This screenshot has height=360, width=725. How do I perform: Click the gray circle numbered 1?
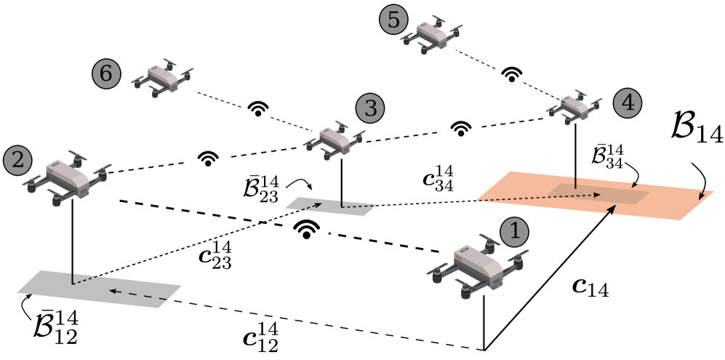pyautogui.click(x=515, y=232)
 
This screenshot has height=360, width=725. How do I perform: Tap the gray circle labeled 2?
pyautogui.click(x=17, y=161)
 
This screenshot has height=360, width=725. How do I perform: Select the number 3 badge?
pyautogui.click(x=370, y=109)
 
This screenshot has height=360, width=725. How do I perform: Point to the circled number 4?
pyautogui.click(x=628, y=103)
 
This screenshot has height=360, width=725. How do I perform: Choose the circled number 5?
pyautogui.click(x=393, y=20)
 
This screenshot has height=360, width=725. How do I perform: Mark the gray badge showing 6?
pyautogui.click(x=106, y=73)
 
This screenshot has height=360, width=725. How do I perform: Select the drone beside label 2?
pyautogui.click(x=68, y=177)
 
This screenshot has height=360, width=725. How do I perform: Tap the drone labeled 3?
pyautogui.click(x=334, y=139)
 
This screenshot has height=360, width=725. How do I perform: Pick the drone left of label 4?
pyautogui.click(x=574, y=107)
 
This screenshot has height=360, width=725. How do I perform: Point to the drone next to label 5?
pyautogui.click(x=430, y=34)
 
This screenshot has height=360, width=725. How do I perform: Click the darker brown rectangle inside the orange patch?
pyautogui.click(x=598, y=193)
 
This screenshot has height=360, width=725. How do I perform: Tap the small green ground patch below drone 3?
pyautogui.click(x=331, y=206)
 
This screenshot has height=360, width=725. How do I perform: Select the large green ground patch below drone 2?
pyautogui.click(x=98, y=289)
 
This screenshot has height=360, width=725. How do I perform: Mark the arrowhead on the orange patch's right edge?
pyautogui.click(x=701, y=195)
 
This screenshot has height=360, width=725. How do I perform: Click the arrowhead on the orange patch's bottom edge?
pyautogui.click(x=612, y=209)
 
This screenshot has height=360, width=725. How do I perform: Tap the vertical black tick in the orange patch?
pyautogui.click(x=575, y=182)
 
